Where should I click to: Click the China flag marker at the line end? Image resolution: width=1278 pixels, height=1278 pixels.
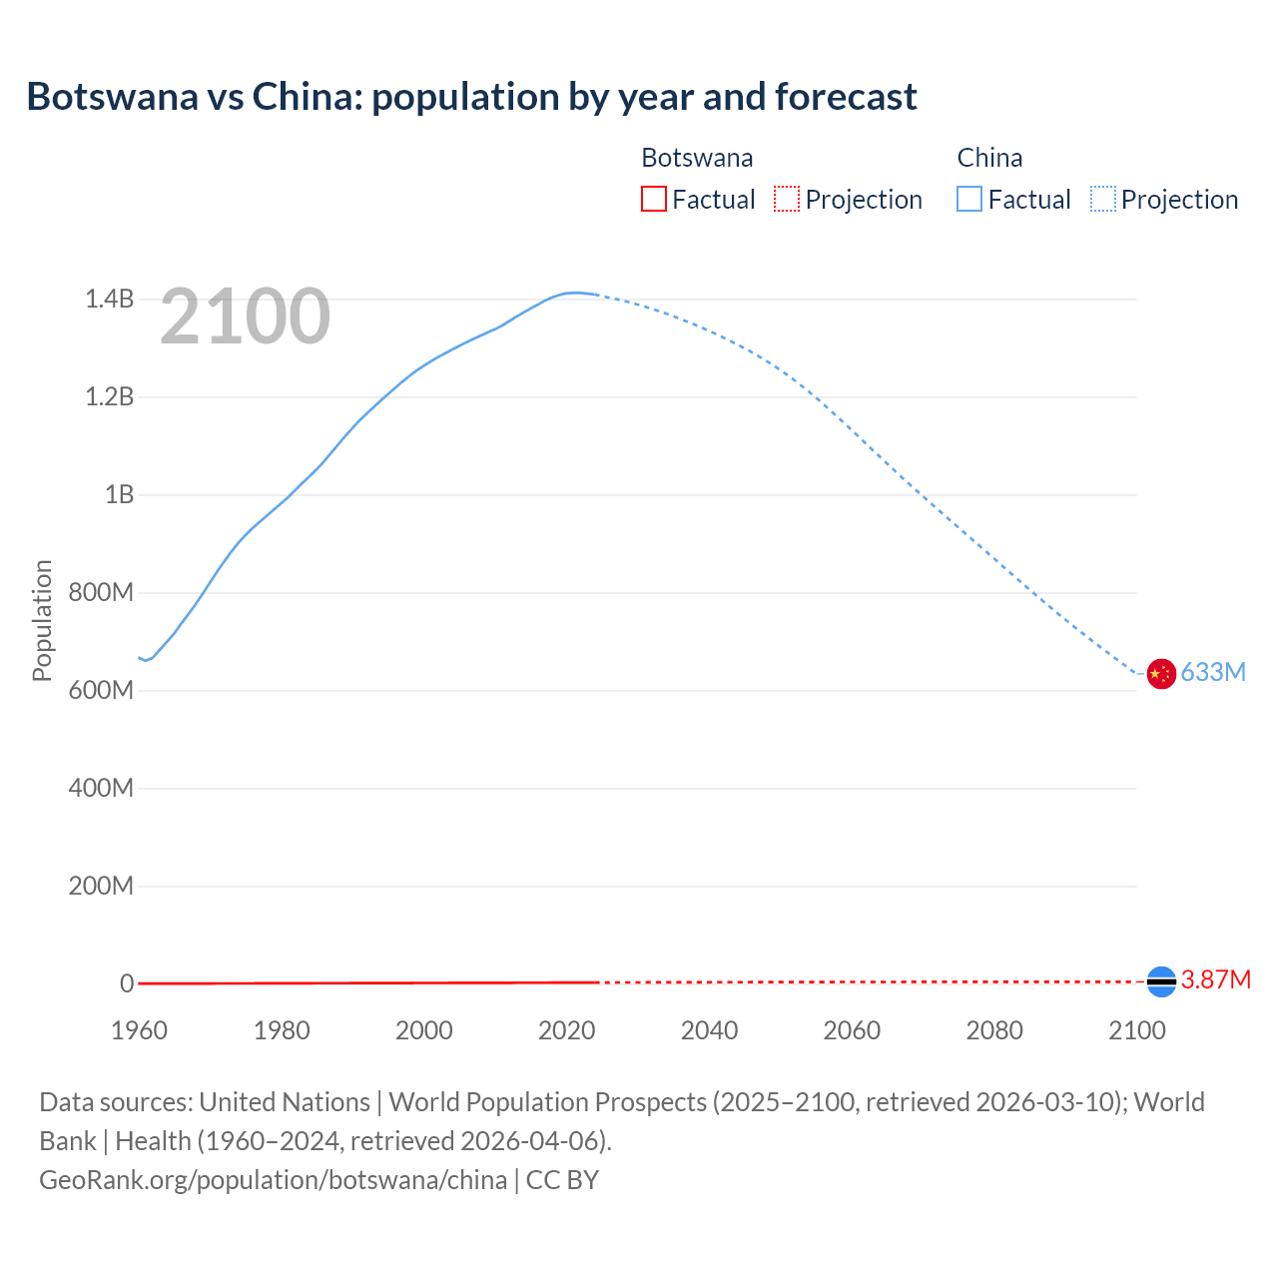click(x=1160, y=674)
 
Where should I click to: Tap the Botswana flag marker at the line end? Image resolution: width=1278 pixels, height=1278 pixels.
click(x=1161, y=982)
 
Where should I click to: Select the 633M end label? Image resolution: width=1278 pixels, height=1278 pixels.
click(x=1213, y=672)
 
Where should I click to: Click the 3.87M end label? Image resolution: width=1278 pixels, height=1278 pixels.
click(x=1215, y=979)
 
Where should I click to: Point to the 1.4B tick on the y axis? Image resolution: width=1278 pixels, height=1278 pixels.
click(x=109, y=299)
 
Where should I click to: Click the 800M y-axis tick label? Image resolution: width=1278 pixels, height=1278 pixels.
click(x=101, y=592)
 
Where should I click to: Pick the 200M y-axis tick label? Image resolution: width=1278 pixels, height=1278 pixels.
click(x=101, y=886)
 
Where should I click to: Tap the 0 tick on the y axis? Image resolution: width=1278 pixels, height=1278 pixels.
click(x=127, y=983)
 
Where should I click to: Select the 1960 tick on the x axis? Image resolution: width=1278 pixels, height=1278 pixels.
click(x=139, y=1030)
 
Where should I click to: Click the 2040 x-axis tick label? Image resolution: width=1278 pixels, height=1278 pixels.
click(x=709, y=1030)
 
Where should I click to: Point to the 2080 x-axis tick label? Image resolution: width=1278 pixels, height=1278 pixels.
click(x=994, y=1030)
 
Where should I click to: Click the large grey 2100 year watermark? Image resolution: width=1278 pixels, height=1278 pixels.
click(x=245, y=317)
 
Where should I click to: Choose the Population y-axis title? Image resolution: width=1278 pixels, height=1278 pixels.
click(x=42, y=620)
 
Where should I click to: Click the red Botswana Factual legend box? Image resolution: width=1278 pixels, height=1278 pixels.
click(x=653, y=199)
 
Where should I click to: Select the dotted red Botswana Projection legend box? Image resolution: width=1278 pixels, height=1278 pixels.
click(x=787, y=199)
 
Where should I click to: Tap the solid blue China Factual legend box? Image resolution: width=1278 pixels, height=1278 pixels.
click(x=969, y=199)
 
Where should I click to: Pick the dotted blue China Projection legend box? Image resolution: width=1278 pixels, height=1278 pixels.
click(x=1102, y=199)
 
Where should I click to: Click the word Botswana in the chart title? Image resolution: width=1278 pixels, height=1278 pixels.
click(x=112, y=97)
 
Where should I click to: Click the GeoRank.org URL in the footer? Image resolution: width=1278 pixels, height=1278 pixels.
click(x=273, y=1179)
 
